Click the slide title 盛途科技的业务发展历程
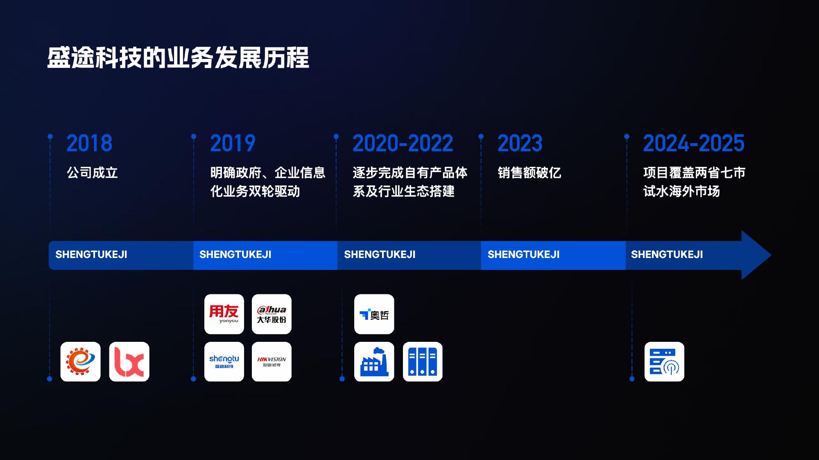[178, 58]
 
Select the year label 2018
[89, 144]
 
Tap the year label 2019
[233, 144]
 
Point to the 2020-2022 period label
[403, 144]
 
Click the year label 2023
[520, 144]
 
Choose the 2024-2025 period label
[693, 144]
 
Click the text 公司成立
[92, 173]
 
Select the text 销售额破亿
[529, 173]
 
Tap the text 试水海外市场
[681, 191]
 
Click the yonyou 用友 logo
[224, 314]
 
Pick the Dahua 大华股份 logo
[271, 314]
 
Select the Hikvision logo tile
[271, 362]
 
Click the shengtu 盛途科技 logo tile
[224, 362]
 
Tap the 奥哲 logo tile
[374, 314]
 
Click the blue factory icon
[374, 362]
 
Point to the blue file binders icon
[423, 362]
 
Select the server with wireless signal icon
[664, 362]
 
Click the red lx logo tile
[129, 362]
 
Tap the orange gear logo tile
[80, 362]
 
